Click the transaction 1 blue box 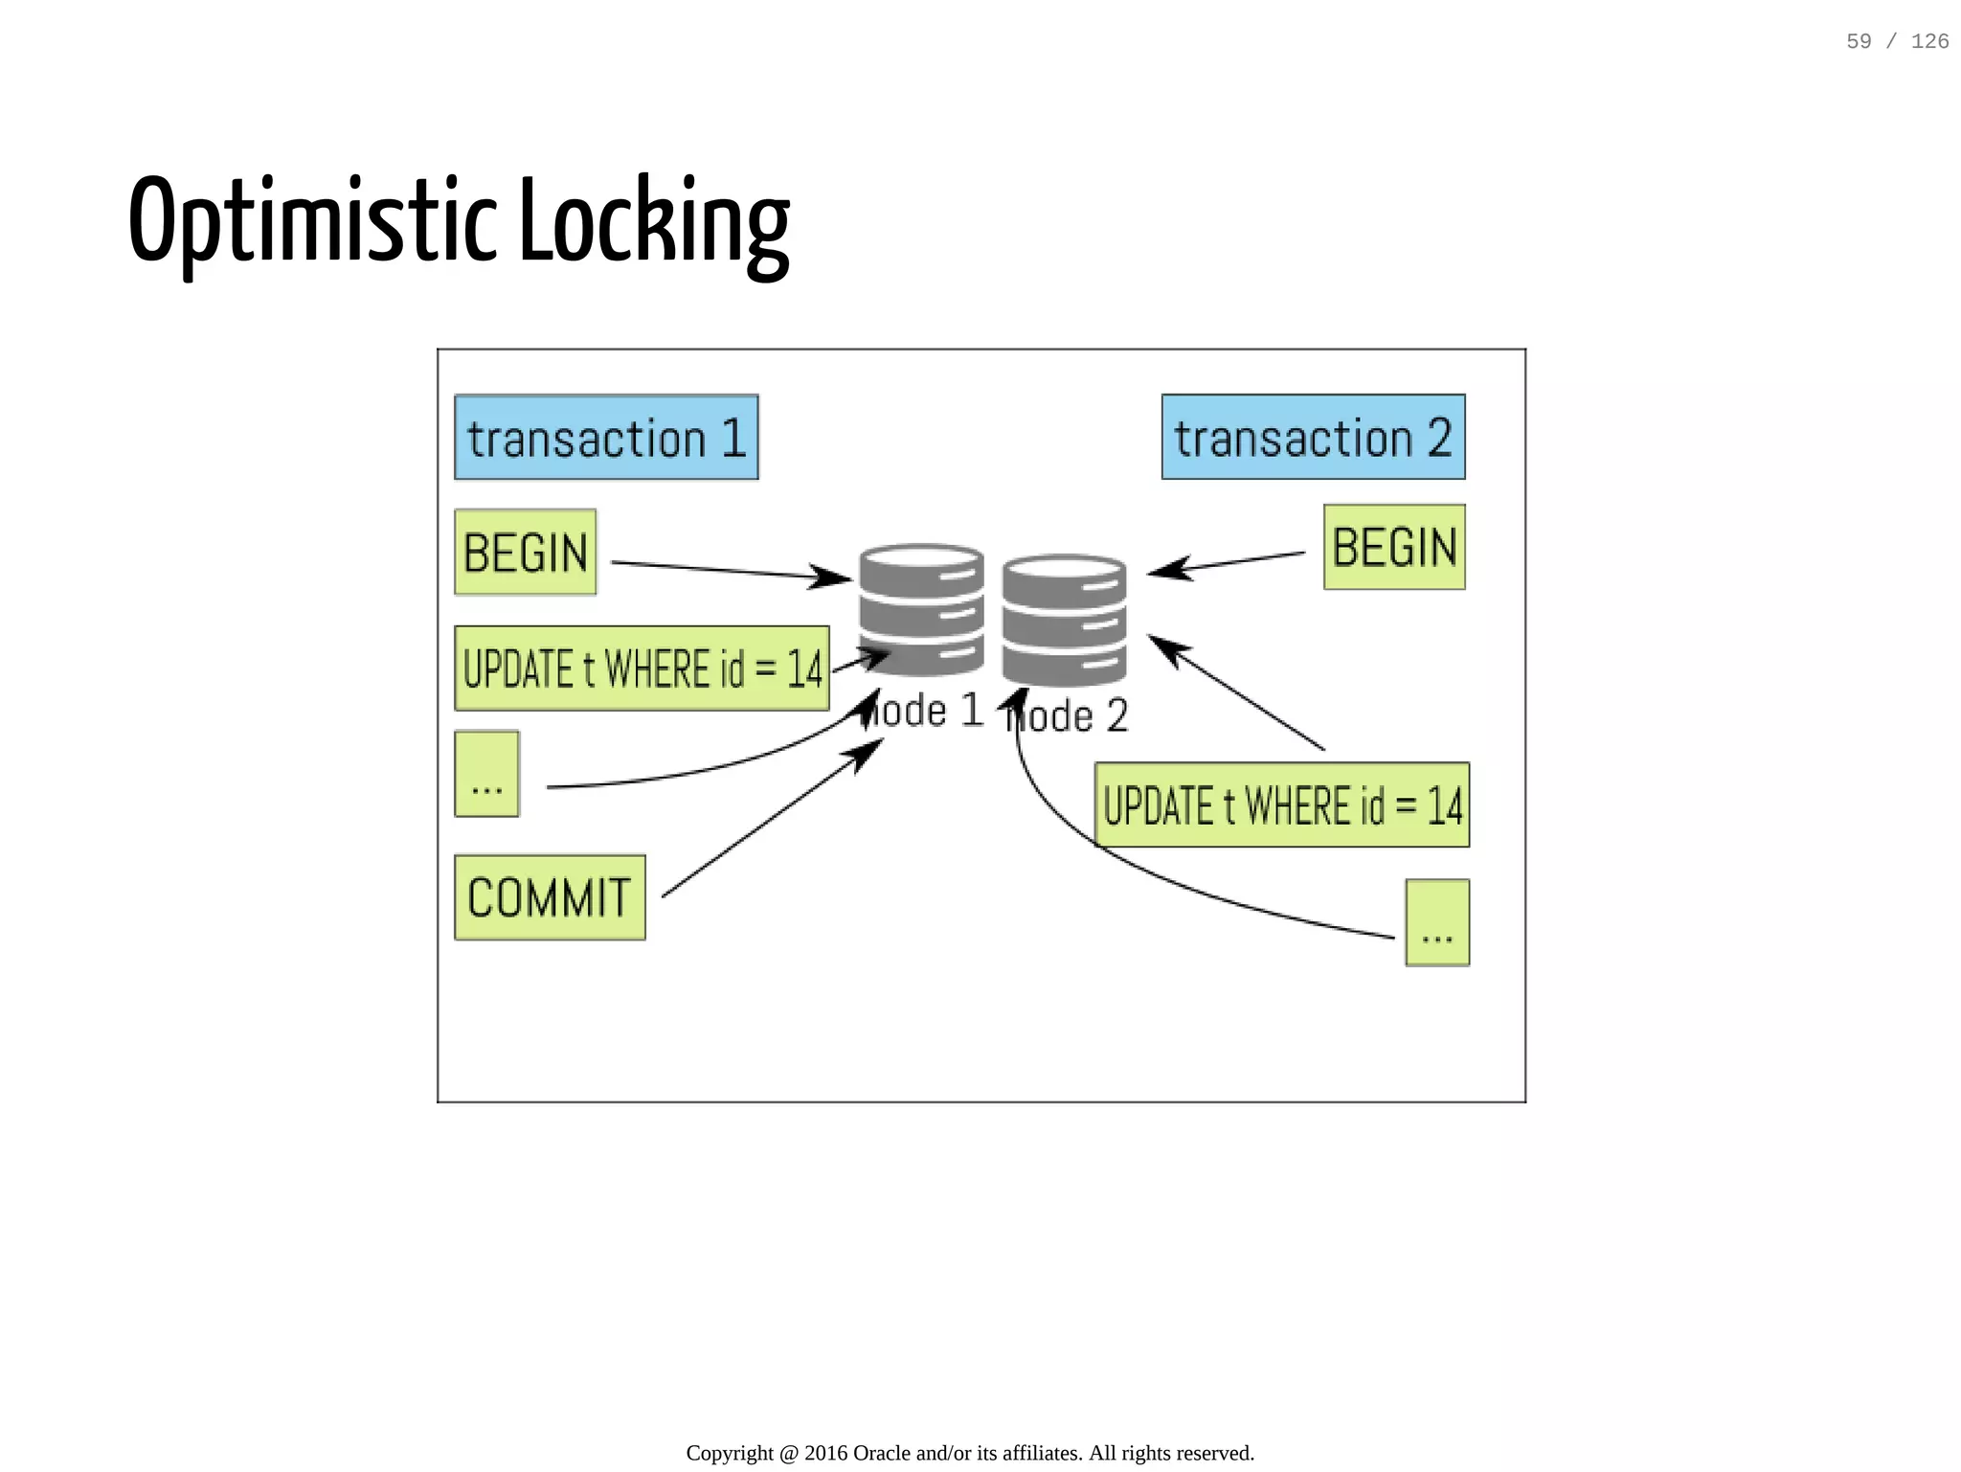pyautogui.click(x=606, y=437)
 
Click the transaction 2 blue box pyautogui.click(x=1313, y=437)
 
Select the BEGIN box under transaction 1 pyautogui.click(x=525, y=552)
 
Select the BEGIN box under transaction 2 pyautogui.click(x=1394, y=547)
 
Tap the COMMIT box pyautogui.click(x=550, y=897)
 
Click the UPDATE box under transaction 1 pyautogui.click(x=642, y=668)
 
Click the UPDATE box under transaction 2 pyautogui.click(x=1281, y=804)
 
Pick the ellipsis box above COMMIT pyautogui.click(x=486, y=774)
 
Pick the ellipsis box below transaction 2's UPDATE pyautogui.click(x=1436, y=922)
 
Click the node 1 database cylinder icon pyautogui.click(x=921, y=609)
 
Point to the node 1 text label pyautogui.click(x=925, y=712)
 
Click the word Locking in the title pyautogui.click(x=654, y=222)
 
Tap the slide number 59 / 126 pyautogui.click(x=1897, y=41)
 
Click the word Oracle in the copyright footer pyautogui.click(x=881, y=1453)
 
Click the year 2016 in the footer pyautogui.click(x=825, y=1453)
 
